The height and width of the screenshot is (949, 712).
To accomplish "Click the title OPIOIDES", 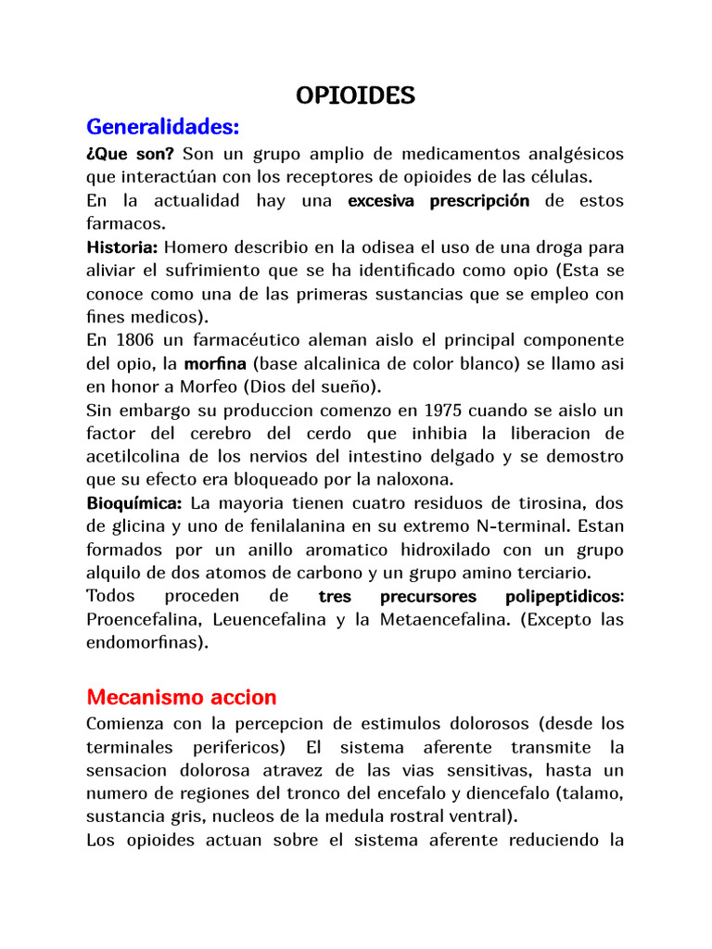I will point(355,95).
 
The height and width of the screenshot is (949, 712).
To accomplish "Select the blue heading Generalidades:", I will point(163,125).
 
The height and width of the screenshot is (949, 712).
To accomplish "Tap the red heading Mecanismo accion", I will point(181,696).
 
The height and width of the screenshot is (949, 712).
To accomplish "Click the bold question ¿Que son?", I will point(130,153).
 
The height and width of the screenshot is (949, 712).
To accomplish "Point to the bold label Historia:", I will point(122,247).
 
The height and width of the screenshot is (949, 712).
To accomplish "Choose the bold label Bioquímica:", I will point(134,503).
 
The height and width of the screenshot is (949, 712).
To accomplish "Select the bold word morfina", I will point(216,364).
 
